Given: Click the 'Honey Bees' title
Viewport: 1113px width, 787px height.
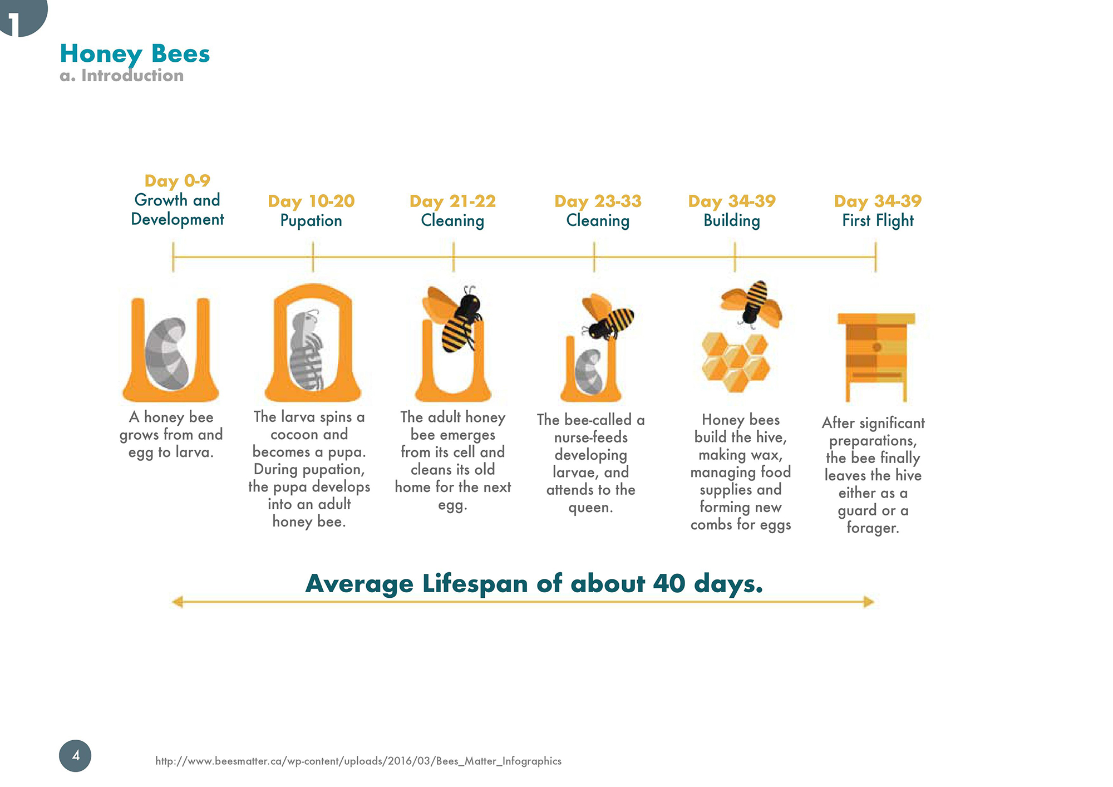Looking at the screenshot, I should (x=135, y=54).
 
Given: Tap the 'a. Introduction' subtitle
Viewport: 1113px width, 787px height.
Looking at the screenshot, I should (x=121, y=76).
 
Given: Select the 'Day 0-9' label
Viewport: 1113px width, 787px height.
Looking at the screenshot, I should (x=177, y=181).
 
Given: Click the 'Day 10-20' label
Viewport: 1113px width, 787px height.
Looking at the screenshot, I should (x=311, y=201).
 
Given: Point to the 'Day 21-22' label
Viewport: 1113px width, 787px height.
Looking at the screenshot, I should (x=452, y=201).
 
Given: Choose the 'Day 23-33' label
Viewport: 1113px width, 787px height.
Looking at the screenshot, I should (x=598, y=201).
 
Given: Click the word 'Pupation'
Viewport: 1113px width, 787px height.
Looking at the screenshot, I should (x=311, y=221).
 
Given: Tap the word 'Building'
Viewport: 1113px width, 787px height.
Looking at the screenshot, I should (x=732, y=221).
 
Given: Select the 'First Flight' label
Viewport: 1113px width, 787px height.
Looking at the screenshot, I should (x=878, y=221).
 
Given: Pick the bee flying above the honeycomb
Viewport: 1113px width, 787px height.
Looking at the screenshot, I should (x=752, y=302).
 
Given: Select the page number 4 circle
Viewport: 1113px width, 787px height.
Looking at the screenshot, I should (x=75, y=755).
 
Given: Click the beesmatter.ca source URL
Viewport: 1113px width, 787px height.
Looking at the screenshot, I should (x=358, y=761).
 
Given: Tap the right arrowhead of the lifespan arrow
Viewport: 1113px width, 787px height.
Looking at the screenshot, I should (x=868, y=602).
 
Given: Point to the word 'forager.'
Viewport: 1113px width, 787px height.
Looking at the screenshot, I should (x=873, y=528).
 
